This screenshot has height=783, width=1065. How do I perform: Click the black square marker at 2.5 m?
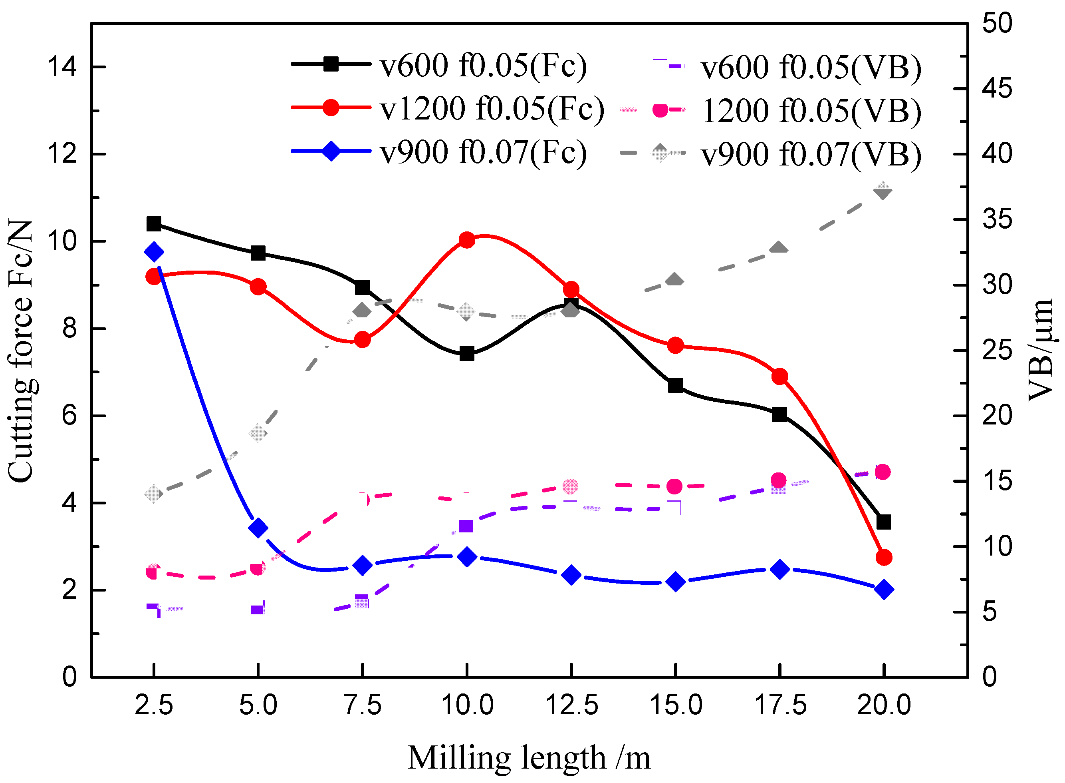coord(153,224)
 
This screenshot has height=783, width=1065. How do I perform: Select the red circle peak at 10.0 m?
coord(467,240)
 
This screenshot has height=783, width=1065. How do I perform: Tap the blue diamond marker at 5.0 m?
coord(258,528)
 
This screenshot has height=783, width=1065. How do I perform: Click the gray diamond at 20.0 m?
coord(883,191)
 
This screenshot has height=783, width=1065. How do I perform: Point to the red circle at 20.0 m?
coord(884,558)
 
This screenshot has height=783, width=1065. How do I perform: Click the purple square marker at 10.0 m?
coord(466,526)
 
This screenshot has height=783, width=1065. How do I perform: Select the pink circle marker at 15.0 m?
coord(674,486)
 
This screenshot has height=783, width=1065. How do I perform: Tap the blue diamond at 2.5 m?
coord(154,252)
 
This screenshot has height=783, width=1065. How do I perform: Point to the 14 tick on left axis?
coord(62,67)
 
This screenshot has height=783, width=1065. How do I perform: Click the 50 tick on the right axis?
coord(997,23)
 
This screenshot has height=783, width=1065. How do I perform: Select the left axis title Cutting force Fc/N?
coord(21,351)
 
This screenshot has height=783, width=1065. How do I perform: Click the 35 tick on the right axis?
coord(997,219)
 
